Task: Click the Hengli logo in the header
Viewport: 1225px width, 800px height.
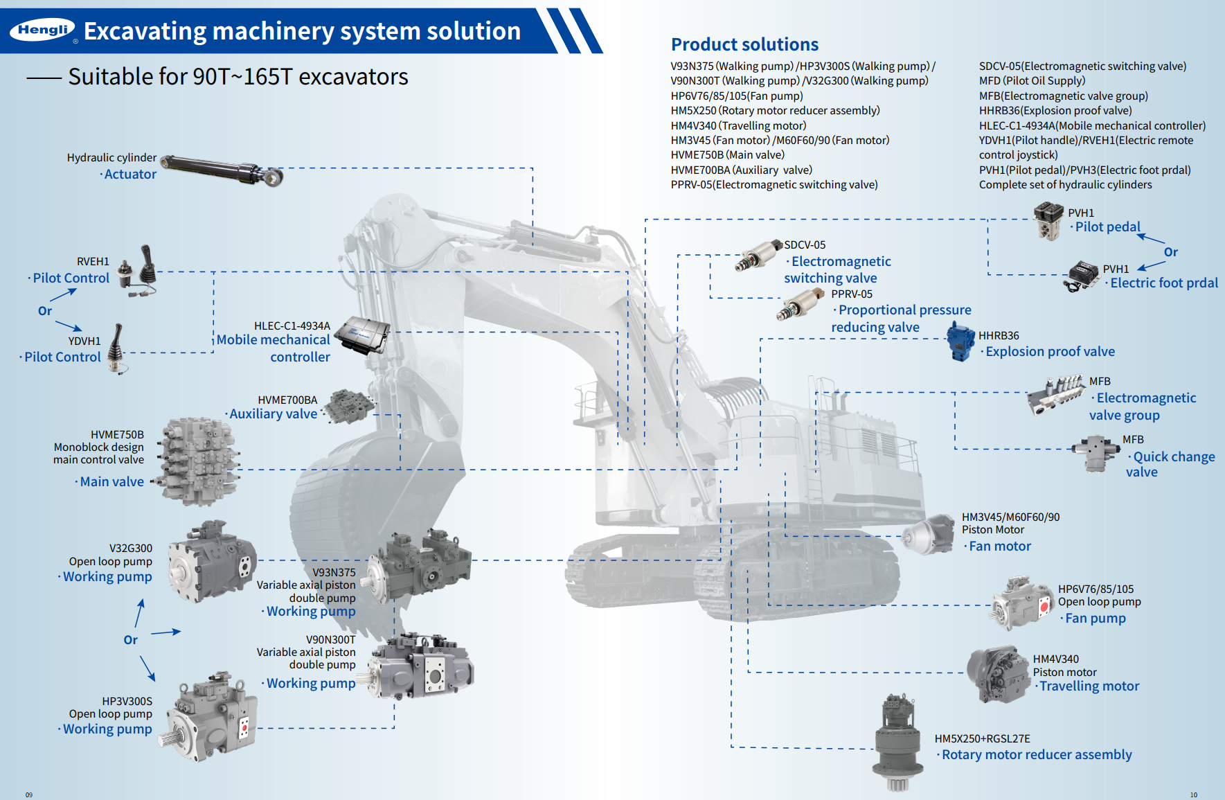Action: tap(42, 30)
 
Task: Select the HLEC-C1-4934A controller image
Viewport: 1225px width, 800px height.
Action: tap(361, 335)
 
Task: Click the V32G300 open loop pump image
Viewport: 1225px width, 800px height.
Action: tap(212, 562)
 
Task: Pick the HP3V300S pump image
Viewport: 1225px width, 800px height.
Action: tap(211, 716)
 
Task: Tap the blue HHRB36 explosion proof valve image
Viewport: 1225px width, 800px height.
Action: tap(960, 341)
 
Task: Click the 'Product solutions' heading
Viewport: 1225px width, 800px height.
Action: tap(744, 44)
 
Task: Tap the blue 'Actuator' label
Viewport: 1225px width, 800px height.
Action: tap(130, 175)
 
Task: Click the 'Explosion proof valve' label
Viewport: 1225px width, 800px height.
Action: tap(1050, 352)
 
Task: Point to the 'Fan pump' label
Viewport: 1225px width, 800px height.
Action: tap(1095, 619)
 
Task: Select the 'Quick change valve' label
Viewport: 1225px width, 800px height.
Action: tap(1170, 464)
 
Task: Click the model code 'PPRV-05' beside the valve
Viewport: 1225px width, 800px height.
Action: tap(852, 294)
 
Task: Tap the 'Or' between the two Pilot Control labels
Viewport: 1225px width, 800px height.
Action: tap(45, 311)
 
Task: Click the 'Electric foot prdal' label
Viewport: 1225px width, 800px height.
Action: tap(1163, 283)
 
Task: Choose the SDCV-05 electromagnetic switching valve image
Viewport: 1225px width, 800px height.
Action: tap(758, 256)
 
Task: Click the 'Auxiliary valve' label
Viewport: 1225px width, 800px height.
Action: tap(273, 414)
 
